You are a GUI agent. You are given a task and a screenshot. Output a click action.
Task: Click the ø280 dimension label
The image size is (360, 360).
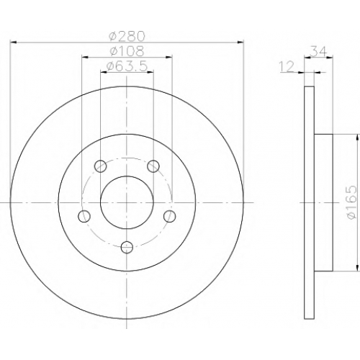pyautogui.click(x=127, y=36)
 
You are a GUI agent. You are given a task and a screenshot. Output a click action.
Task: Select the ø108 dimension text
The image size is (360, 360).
pyautogui.click(x=127, y=51)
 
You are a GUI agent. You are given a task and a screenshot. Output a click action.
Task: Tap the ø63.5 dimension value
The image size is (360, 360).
pyautogui.click(x=127, y=66)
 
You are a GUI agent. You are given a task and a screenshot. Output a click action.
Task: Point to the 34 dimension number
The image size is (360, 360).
pyautogui.click(x=319, y=51)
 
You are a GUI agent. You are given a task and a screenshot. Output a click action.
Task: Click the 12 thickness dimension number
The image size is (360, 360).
pyautogui.click(x=287, y=66)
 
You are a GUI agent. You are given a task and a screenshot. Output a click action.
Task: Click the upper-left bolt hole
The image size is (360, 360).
pyautogui.click(x=101, y=166)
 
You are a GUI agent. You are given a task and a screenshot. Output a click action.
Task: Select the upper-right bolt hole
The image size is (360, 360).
pyautogui.click(x=153, y=166)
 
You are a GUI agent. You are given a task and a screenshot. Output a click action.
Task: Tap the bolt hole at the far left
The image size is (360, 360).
pyautogui.click(x=84, y=216)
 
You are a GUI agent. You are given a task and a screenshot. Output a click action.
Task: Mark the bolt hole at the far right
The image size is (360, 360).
pyautogui.click(x=169, y=216)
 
